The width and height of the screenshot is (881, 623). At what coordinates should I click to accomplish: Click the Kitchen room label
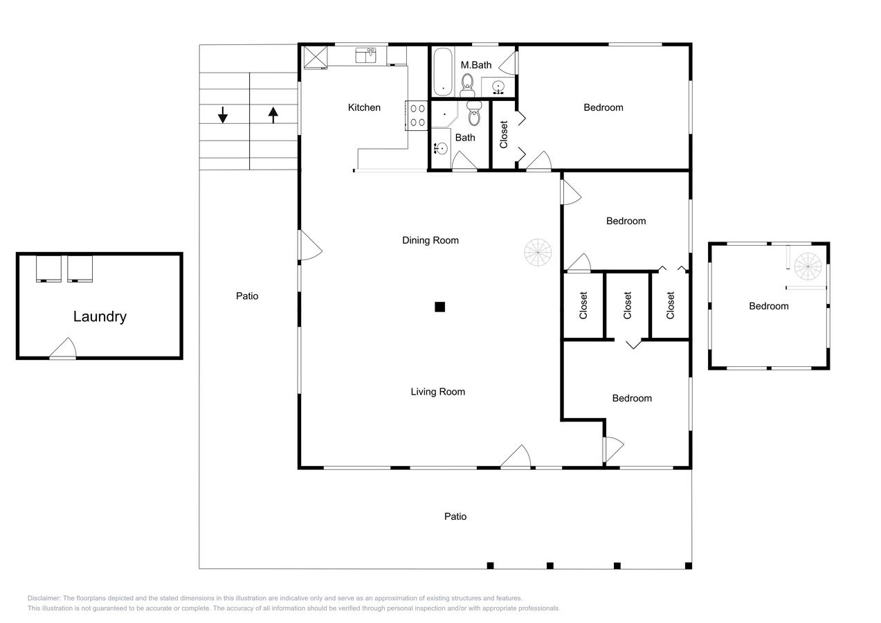coord(364,107)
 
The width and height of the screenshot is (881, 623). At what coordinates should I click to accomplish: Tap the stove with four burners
coord(417,116)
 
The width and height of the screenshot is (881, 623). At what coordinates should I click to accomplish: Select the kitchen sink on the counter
coord(365,55)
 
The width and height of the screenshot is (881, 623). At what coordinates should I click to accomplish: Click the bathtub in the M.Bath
coord(443,71)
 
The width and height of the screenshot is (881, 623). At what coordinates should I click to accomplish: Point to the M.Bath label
coord(476,65)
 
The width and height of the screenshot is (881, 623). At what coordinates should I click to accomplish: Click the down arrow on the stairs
coord(223,115)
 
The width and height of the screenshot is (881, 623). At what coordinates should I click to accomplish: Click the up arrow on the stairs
coord(273,115)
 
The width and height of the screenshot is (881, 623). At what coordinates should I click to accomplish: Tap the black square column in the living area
coord(439,307)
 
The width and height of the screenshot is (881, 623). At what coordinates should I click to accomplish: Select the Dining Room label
coord(430,240)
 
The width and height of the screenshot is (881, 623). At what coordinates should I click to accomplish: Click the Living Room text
coord(438,392)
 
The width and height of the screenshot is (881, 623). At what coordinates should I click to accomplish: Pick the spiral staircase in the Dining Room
coord(538,252)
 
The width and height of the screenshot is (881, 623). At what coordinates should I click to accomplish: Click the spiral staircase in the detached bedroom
coord(808,267)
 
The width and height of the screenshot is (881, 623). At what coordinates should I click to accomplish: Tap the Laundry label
coord(100,316)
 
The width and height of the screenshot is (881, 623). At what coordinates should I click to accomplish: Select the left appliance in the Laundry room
coord(48,269)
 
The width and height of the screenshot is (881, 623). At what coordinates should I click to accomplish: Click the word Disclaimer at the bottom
coord(44,598)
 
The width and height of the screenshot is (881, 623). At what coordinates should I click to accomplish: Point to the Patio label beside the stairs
coord(247,296)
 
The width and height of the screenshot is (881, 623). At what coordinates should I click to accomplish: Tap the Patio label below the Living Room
coord(455,516)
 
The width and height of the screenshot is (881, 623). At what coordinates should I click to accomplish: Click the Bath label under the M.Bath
coord(465,138)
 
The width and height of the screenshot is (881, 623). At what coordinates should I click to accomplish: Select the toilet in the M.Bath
coord(467,85)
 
